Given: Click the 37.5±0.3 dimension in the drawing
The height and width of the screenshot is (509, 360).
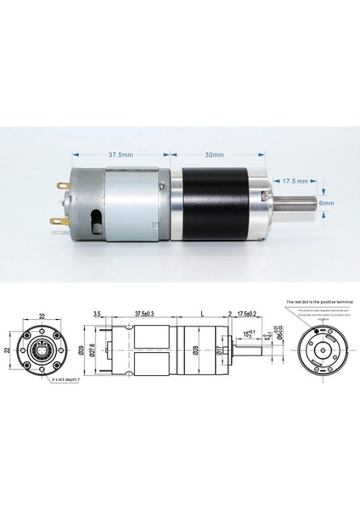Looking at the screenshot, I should (149, 314).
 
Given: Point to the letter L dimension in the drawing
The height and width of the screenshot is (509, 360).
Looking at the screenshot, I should (200, 314).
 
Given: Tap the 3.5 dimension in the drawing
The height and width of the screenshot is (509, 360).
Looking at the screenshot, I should (99, 314).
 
